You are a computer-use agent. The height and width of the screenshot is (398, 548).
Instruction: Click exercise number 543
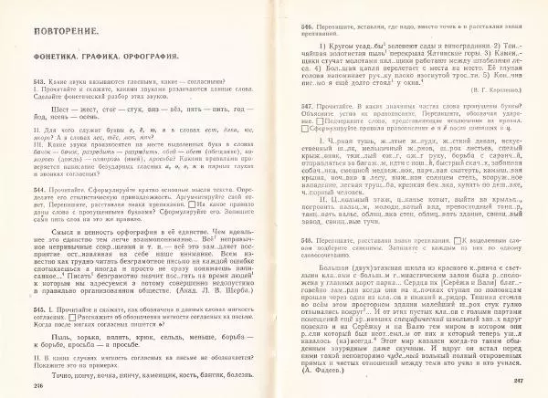(41, 80)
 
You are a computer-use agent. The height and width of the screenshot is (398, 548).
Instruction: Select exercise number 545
(41, 309)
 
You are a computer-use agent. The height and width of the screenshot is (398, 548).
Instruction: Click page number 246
(42, 386)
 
